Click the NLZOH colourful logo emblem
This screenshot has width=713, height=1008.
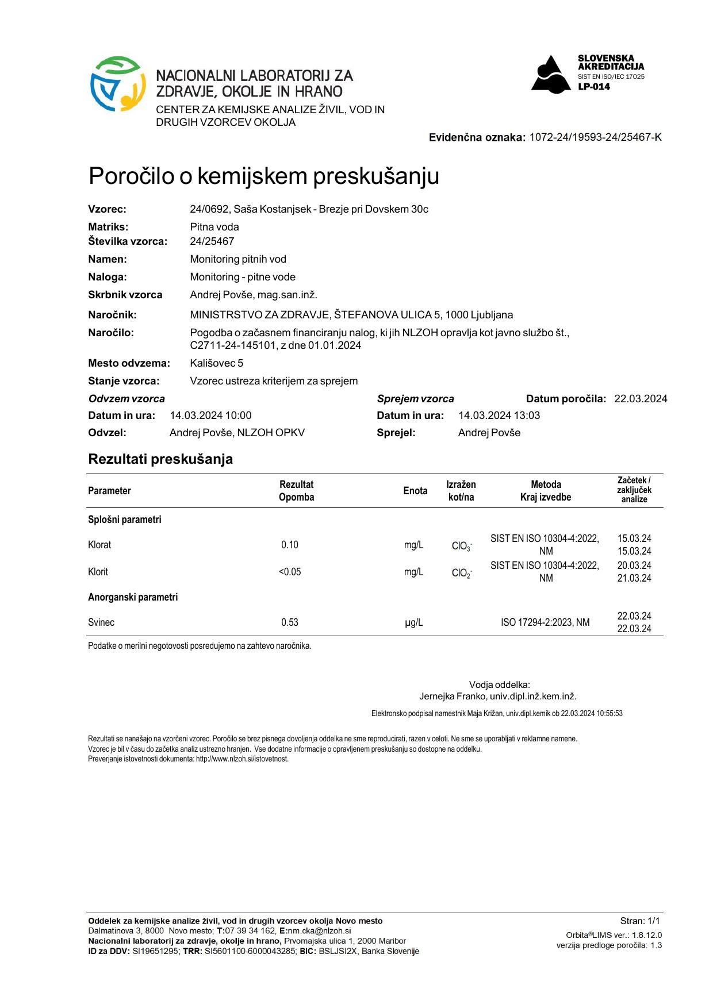(117, 83)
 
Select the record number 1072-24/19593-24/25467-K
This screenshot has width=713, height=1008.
(595, 137)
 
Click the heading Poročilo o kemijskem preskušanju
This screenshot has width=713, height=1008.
(263, 176)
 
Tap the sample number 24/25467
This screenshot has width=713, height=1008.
(212, 241)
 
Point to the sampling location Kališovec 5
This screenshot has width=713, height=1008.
(216, 363)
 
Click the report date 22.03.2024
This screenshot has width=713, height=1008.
(641, 399)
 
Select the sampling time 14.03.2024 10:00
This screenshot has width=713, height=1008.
(210, 415)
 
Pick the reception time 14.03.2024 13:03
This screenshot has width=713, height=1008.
(499, 415)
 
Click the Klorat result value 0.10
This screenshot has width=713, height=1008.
(290, 545)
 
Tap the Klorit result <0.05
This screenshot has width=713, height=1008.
(290, 572)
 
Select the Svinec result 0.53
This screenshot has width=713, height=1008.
(290, 622)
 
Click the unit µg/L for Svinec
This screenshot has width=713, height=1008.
(414, 622)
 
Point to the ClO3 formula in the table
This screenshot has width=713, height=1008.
(462, 546)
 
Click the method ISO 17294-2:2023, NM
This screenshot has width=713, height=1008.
(545, 622)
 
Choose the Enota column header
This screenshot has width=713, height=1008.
(415, 491)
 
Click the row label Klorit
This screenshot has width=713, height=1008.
(98, 572)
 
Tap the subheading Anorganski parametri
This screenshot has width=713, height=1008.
(133, 597)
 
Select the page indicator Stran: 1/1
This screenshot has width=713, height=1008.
(640, 921)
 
